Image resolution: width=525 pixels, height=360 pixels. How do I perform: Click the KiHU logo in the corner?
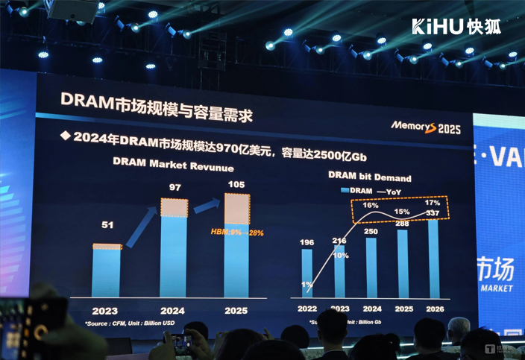point(456,26)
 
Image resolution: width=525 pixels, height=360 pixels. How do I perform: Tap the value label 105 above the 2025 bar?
point(236,184)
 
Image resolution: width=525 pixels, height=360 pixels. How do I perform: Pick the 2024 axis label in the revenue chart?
point(173,310)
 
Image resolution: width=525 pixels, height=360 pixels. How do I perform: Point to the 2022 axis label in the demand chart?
point(306,308)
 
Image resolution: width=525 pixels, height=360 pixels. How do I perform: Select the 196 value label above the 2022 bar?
point(306,241)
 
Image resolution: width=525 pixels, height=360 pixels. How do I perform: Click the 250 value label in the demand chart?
point(371,232)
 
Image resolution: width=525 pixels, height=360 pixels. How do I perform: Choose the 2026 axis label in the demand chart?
point(435,308)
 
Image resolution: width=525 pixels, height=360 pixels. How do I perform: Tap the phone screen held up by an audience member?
point(180,342)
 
